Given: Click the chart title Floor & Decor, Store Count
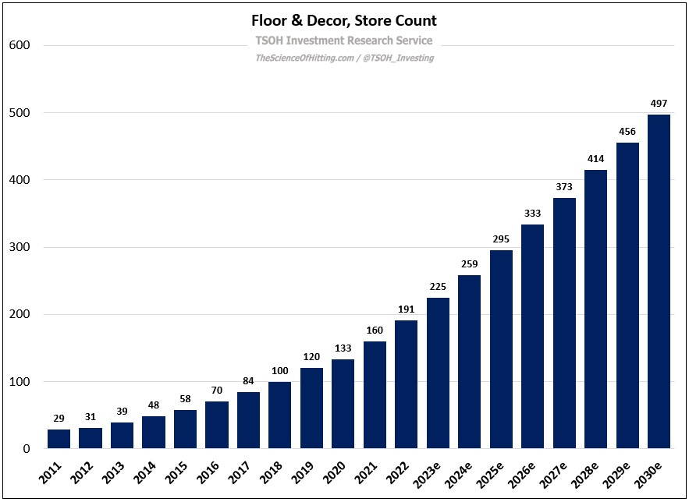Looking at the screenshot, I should tap(344, 20).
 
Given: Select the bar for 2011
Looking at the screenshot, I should tap(59, 439).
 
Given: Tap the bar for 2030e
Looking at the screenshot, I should tap(659, 281).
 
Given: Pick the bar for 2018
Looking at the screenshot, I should tap(279, 415).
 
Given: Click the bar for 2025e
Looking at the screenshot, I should tap(501, 349).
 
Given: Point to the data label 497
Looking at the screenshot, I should tap(659, 104).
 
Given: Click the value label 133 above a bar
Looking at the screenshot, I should tap(343, 348).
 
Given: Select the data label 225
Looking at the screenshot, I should tap(438, 286).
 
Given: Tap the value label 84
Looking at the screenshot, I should tap(248, 381).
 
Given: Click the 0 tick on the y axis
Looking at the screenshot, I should tap(26, 449).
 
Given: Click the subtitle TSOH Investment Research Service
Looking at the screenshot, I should tap(344, 41).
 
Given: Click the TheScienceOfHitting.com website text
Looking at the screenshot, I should tap(303, 58).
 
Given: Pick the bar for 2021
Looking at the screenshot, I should tap(375, 395).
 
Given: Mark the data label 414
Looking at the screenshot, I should tap(595, 159).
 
